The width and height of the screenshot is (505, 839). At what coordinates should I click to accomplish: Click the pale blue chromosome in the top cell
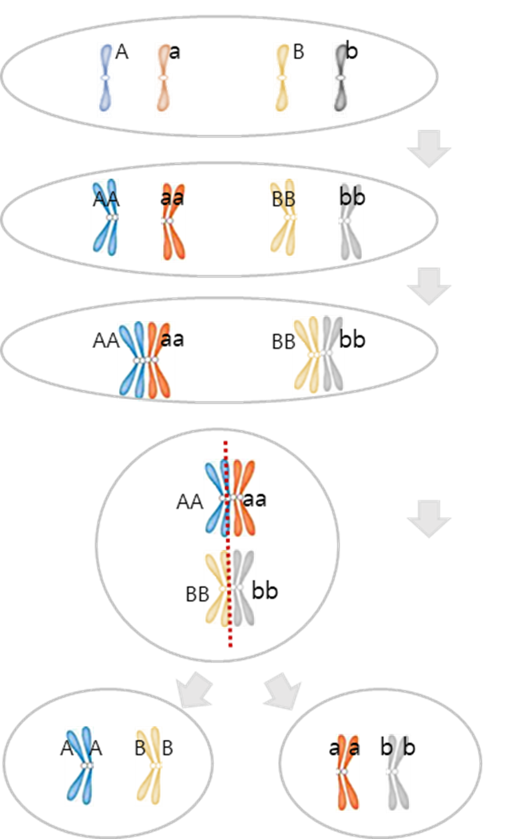coord(105,80)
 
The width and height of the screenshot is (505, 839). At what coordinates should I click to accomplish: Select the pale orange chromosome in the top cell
coord(164,80)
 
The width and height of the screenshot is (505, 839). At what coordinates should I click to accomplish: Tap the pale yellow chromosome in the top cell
coord(281,80)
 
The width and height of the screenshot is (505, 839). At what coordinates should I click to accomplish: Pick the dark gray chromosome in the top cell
coord(341,80)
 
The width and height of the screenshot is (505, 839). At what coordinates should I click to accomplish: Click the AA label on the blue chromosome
coord(103,199)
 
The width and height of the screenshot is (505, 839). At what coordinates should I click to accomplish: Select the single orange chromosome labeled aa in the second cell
coord(173,222)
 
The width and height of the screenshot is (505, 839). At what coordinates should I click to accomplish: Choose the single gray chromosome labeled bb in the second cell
coord(351,222)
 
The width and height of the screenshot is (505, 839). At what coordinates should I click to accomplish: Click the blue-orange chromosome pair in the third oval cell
coord(145,361)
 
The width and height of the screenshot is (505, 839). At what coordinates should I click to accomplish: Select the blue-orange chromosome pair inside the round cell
coord(231,498)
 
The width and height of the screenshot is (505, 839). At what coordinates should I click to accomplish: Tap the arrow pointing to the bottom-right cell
coord(283,690)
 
